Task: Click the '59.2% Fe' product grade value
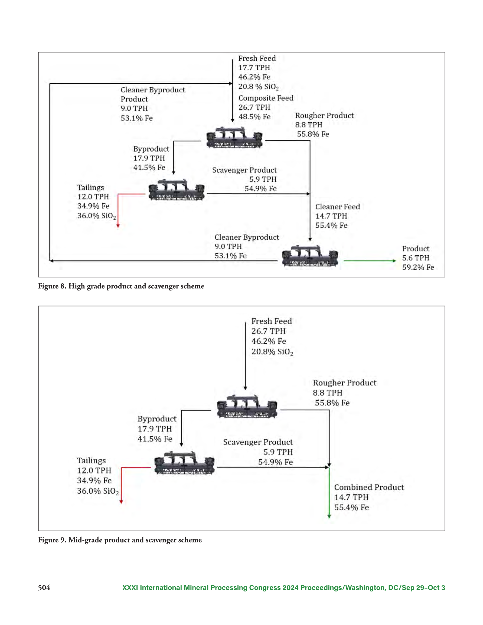(418, 267)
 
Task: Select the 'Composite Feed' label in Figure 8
(266, 98)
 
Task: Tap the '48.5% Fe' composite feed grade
(254, 117)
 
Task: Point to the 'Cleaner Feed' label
(338, 207)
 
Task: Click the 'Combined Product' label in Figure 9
(369, 487)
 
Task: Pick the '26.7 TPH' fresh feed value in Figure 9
(269, 331)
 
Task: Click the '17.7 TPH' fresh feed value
(254, 68)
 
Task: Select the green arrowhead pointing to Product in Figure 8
(394, 261)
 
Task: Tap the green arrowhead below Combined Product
(329, 516)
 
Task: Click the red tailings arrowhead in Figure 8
(118, 226)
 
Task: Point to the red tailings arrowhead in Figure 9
(121, 502)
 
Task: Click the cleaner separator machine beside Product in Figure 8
(310, 256)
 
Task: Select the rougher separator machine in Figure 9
(247, 407)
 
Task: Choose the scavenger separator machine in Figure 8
(176, 190)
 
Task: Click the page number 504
(44, 588)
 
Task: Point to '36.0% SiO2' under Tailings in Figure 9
(98, 491)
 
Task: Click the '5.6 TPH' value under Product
(416, 258)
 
